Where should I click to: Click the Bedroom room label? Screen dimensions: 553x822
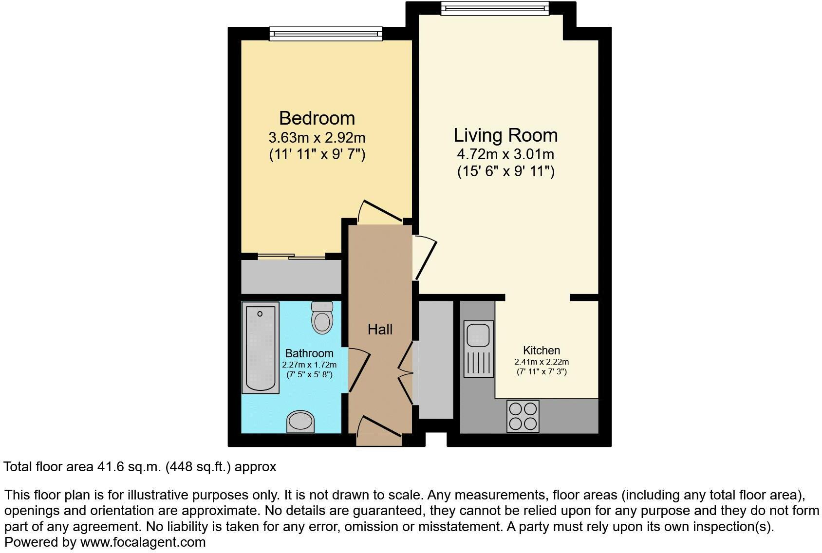click(317, 118)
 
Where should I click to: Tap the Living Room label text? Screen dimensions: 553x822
click(505, 135)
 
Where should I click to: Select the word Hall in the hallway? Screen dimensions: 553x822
click(380, 330)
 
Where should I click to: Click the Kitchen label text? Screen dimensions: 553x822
click(542, 350)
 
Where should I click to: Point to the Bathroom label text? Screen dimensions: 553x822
click(309, 353)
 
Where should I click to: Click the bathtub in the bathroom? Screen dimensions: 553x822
click(261, 348)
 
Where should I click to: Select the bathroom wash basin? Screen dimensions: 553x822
click(301, 422)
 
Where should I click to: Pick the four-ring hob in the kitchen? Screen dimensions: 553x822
click(523, 416)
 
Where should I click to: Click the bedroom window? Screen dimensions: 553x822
click(326, 34)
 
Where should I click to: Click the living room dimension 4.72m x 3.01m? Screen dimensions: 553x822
click(505, 154)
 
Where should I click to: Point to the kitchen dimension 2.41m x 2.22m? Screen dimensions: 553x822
click(542, 362)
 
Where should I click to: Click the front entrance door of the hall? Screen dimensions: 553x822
click(379, 431)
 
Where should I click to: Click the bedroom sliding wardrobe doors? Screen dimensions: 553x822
click(292, 256)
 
